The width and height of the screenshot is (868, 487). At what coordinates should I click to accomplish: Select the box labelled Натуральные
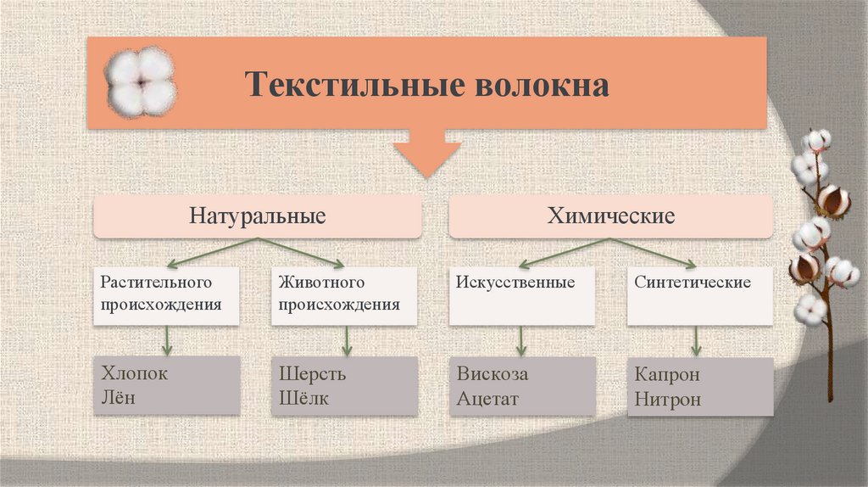tap(258, 216)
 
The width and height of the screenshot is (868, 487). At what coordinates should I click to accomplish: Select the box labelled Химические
tap(610, 216)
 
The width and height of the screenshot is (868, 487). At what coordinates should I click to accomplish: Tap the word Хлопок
tap(135, 373)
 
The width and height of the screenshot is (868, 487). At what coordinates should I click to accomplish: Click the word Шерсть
tap(312, 373)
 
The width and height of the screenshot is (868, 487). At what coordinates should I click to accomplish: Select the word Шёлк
tap(303, 397)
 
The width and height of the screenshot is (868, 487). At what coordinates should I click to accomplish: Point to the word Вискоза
tap(492, 373)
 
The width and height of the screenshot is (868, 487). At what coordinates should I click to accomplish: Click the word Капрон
tap(667, 375)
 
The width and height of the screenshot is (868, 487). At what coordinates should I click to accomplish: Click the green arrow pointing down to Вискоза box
tap(521, 340)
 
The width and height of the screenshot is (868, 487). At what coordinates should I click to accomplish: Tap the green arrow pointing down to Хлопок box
tap(167, 340)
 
